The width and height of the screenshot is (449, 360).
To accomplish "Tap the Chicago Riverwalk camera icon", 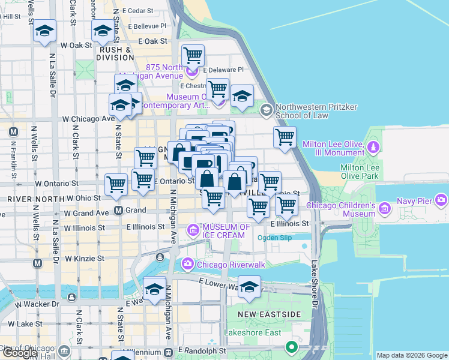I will [188, 263].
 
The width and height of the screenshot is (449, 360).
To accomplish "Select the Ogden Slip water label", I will [274, 238].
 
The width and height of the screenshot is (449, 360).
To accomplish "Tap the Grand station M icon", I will [119, 211].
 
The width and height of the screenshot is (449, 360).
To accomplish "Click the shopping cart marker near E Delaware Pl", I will [193, 56].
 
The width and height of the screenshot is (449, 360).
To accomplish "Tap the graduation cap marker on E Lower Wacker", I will [249, 286].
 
